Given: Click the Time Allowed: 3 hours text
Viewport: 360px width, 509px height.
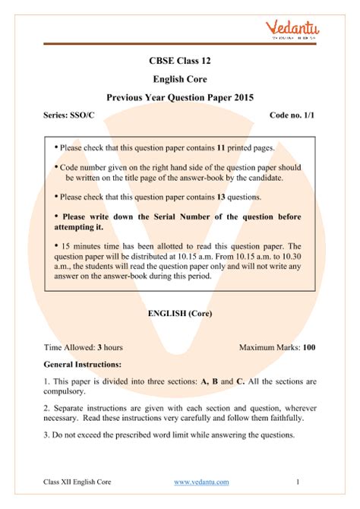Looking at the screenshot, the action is coord(84,347).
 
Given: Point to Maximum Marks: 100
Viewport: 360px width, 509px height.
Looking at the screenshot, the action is coord(277,347).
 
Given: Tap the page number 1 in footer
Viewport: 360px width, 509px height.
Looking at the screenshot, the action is coord(298,482).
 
